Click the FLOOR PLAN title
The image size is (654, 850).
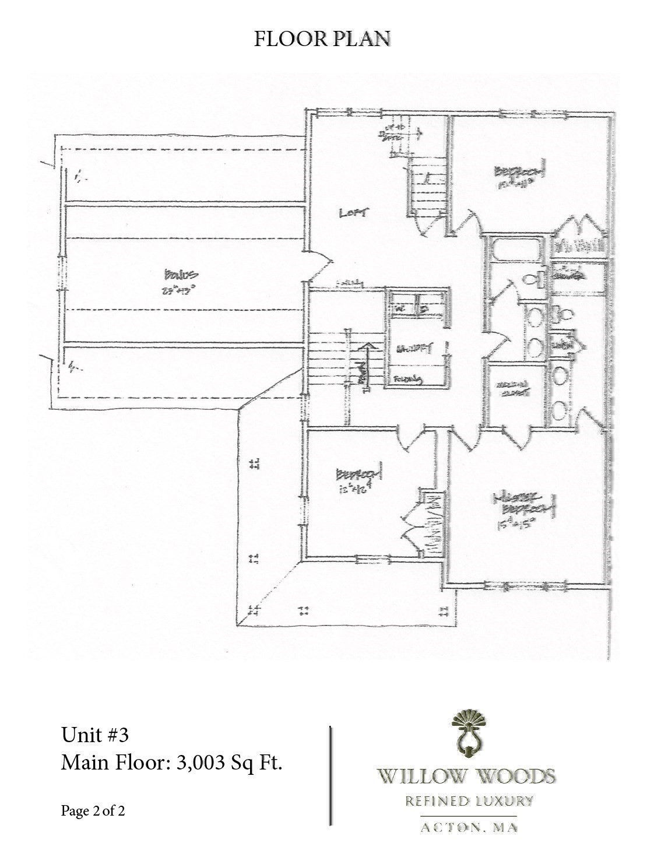coord(322,38)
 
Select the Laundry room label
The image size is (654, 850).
coord(414,349)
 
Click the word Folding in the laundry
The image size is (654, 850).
coord(408,380)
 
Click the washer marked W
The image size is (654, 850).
coord(400,307)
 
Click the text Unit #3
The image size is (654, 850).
coord(94,735)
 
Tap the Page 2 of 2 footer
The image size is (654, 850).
coord(93,811)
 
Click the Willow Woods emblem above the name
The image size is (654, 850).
coord(466,732)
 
